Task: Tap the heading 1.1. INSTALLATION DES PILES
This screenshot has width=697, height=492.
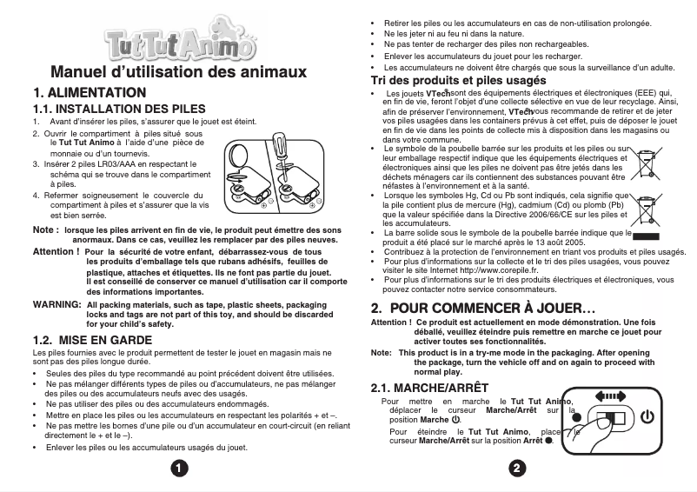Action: pyautogui.click(x=119, y=110)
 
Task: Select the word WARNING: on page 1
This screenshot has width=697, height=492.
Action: pyautogui.click(x=56, y=306)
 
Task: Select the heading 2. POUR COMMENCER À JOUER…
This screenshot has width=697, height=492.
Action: pyautogui.click(x=482, y=308)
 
